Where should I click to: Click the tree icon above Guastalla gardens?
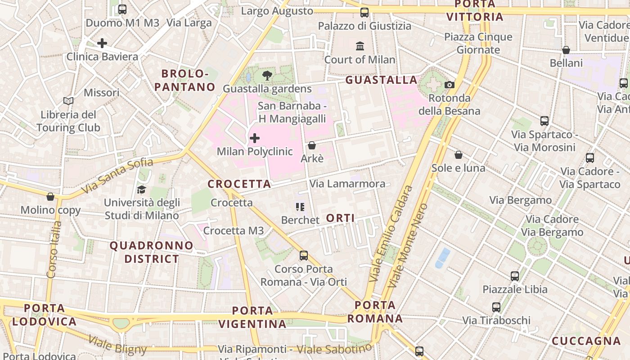point(267,75)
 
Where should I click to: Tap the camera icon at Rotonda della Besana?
point(449,85)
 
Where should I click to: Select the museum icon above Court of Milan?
point(360,46)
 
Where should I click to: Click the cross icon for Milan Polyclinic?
point(255,138)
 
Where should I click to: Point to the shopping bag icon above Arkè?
point(311,145)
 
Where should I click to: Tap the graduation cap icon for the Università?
point(142,189)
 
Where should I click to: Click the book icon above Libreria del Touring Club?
point(68,101)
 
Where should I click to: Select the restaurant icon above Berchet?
point(300,207)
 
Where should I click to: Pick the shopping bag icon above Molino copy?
point(50,197)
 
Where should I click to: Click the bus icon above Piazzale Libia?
point(515,276)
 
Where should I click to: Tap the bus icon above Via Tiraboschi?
point(496,307)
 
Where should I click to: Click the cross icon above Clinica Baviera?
point(102,43)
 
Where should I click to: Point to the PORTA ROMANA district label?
point(375,312)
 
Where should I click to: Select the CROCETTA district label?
point(239,184)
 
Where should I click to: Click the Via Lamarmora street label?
point(347,184)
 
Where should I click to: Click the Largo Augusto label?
point(277,11)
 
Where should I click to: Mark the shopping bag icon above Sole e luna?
point(458,155)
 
